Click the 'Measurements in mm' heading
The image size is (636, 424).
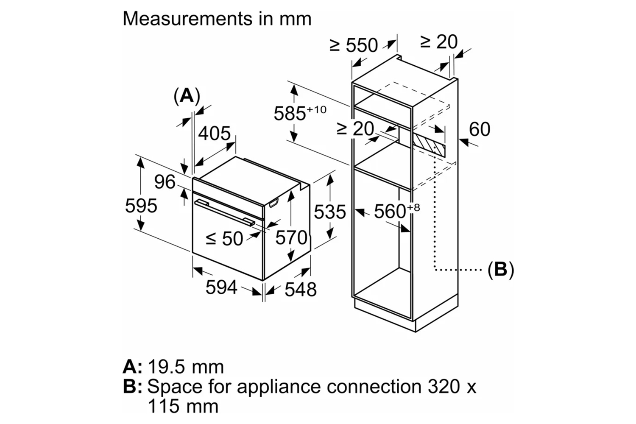217,19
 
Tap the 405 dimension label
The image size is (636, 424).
215,133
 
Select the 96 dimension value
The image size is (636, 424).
165,182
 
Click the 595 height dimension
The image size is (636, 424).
141,206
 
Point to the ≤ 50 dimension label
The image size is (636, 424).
224,239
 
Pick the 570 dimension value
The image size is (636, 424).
291,237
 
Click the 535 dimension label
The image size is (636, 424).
329,212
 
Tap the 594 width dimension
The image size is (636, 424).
221,287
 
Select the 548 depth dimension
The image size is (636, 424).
301,289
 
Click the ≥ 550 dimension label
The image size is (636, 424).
354,45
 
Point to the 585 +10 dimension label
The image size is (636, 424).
300,113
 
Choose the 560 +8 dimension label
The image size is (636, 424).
396,211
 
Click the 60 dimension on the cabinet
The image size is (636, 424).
480,129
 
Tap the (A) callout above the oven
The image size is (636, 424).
187,96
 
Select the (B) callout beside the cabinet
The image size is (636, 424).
500,269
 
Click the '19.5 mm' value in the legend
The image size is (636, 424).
186,367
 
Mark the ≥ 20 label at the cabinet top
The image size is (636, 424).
439,42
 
